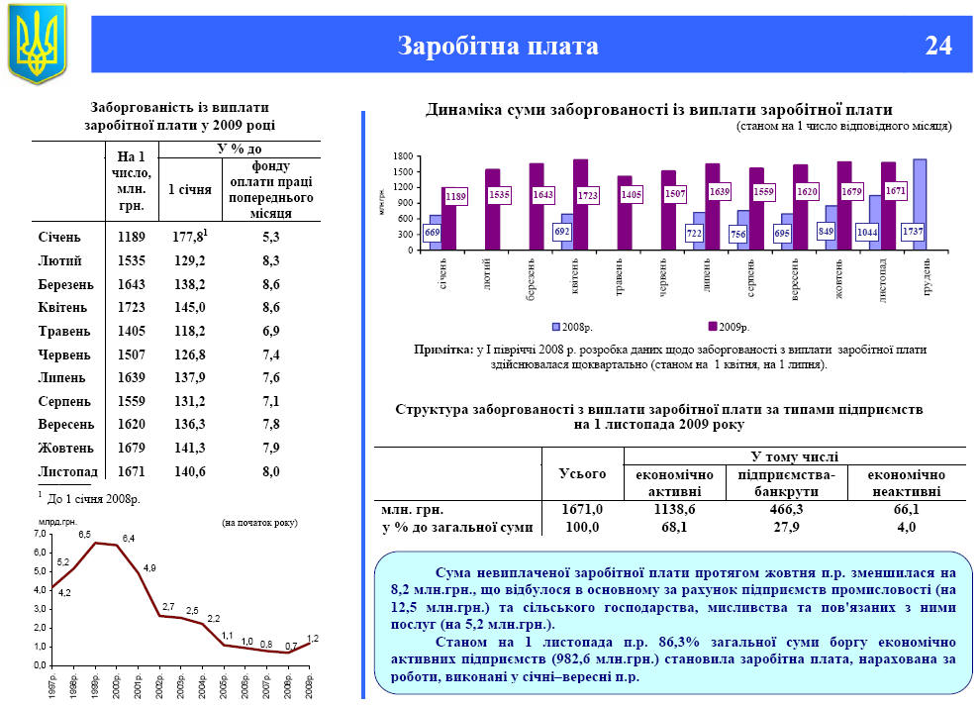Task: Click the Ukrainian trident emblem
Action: (x=37, y=44)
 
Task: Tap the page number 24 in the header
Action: (x=937, y=46)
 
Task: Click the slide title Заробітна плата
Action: (x=498, y=46)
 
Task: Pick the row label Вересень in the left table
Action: (x=66, y=425)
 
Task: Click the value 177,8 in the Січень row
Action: (x=186, y=238)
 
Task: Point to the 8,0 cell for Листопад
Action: (x=271, y=471)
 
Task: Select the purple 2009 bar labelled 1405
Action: (x=624, y=212)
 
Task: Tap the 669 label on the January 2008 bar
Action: (x=433, y=232)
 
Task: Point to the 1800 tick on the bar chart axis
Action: (x=401, y=157)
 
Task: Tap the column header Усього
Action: (x=582, y=474)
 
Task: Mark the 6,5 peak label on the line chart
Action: (x=85, y=535)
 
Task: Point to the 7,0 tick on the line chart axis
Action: (x=42, y=535)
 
